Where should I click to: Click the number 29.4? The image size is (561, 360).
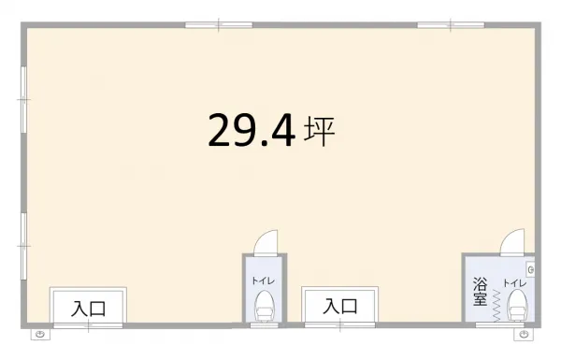tap(252, 130)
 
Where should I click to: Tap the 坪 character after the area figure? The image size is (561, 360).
tap(319, 131)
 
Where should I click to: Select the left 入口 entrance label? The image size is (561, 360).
tap(89, 310)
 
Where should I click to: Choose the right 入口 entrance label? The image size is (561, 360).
tap(340, 307)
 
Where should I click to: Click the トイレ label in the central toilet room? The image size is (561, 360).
tap(264, 281)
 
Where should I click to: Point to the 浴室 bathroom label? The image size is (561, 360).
tap(481, 292)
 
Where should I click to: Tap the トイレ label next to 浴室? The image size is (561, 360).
tap(515, 283)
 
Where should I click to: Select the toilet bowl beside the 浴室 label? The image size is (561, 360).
tap(518, 305)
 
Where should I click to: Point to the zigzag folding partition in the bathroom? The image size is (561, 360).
tap(496, 306)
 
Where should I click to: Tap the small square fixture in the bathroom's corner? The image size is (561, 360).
tap(530, 269)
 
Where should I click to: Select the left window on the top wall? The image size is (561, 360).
tap(219, 25)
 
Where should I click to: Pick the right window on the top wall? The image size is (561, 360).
tap(451, 25)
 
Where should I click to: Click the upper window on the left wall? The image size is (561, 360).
tap(23, 99)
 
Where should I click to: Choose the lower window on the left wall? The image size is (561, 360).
tap(23, 246)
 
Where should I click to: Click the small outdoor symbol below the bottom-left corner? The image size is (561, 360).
tap(40, 335)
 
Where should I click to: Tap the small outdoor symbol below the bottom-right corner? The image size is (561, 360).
tap(524, 335)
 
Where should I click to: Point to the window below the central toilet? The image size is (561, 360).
tap(264, 325)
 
